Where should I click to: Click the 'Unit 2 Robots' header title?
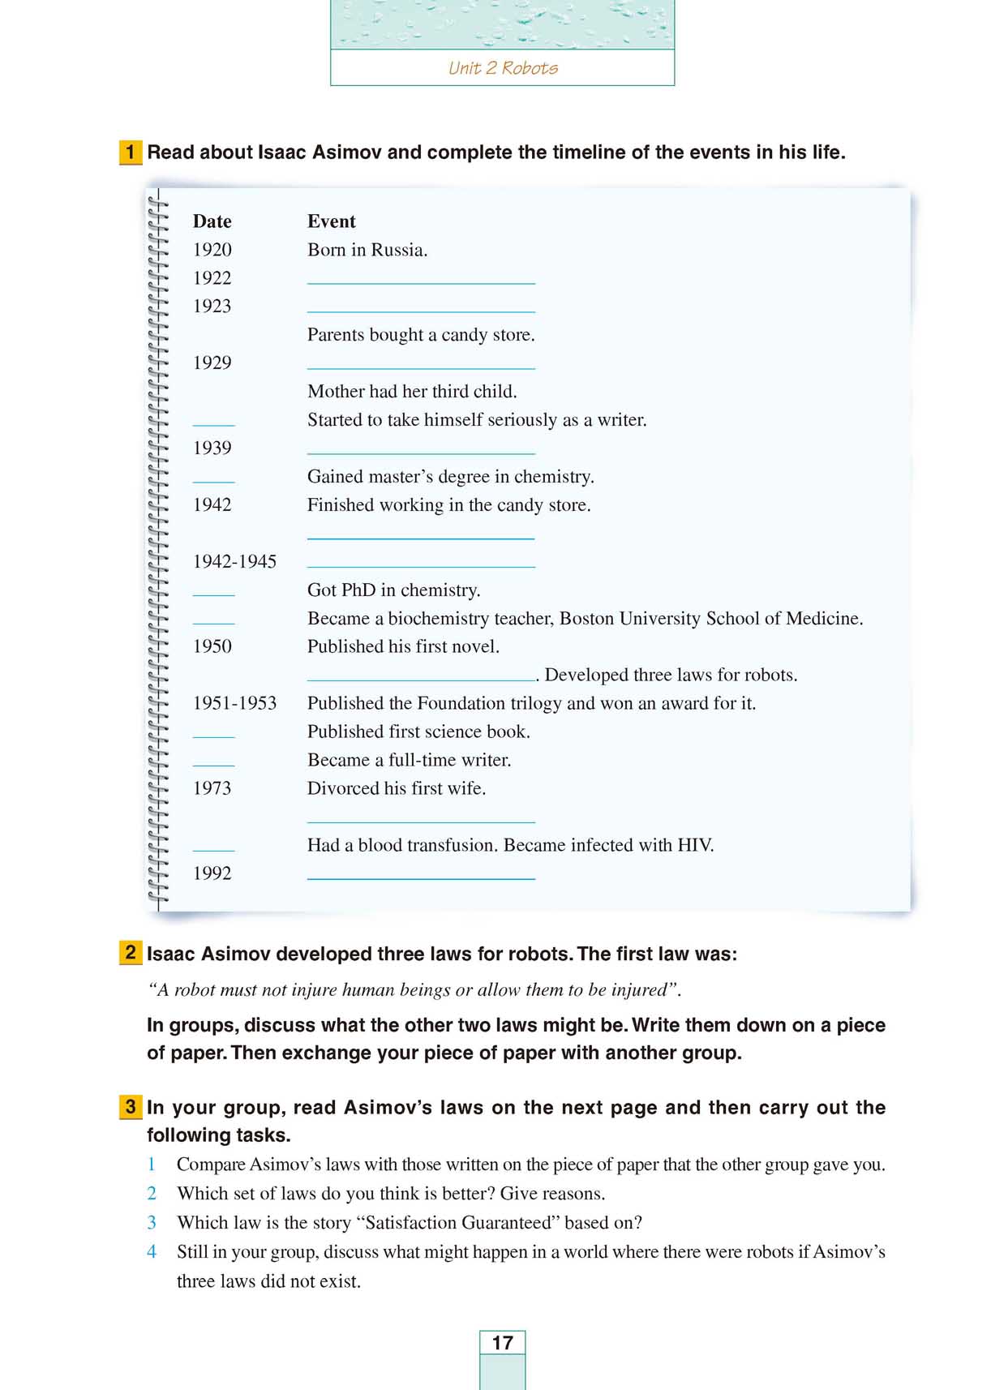coord(503,68)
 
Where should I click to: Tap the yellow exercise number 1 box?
coord(130,152)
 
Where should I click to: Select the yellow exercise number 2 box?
coord(130,952)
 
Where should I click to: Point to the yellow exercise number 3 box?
coord(130,1106)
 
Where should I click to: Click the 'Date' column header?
coord(212,221)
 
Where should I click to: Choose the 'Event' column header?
coord(331,221)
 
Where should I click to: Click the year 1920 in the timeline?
coord(212,250)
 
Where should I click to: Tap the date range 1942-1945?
coord(234,561)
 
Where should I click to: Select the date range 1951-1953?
coord(234,703)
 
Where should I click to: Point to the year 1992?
coord(212,873)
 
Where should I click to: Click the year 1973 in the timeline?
coord(212,788)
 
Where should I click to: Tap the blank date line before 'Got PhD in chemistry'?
coord(213,594)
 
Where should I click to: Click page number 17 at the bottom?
coord(503,1343)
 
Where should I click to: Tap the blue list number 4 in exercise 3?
coord(152,1252)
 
